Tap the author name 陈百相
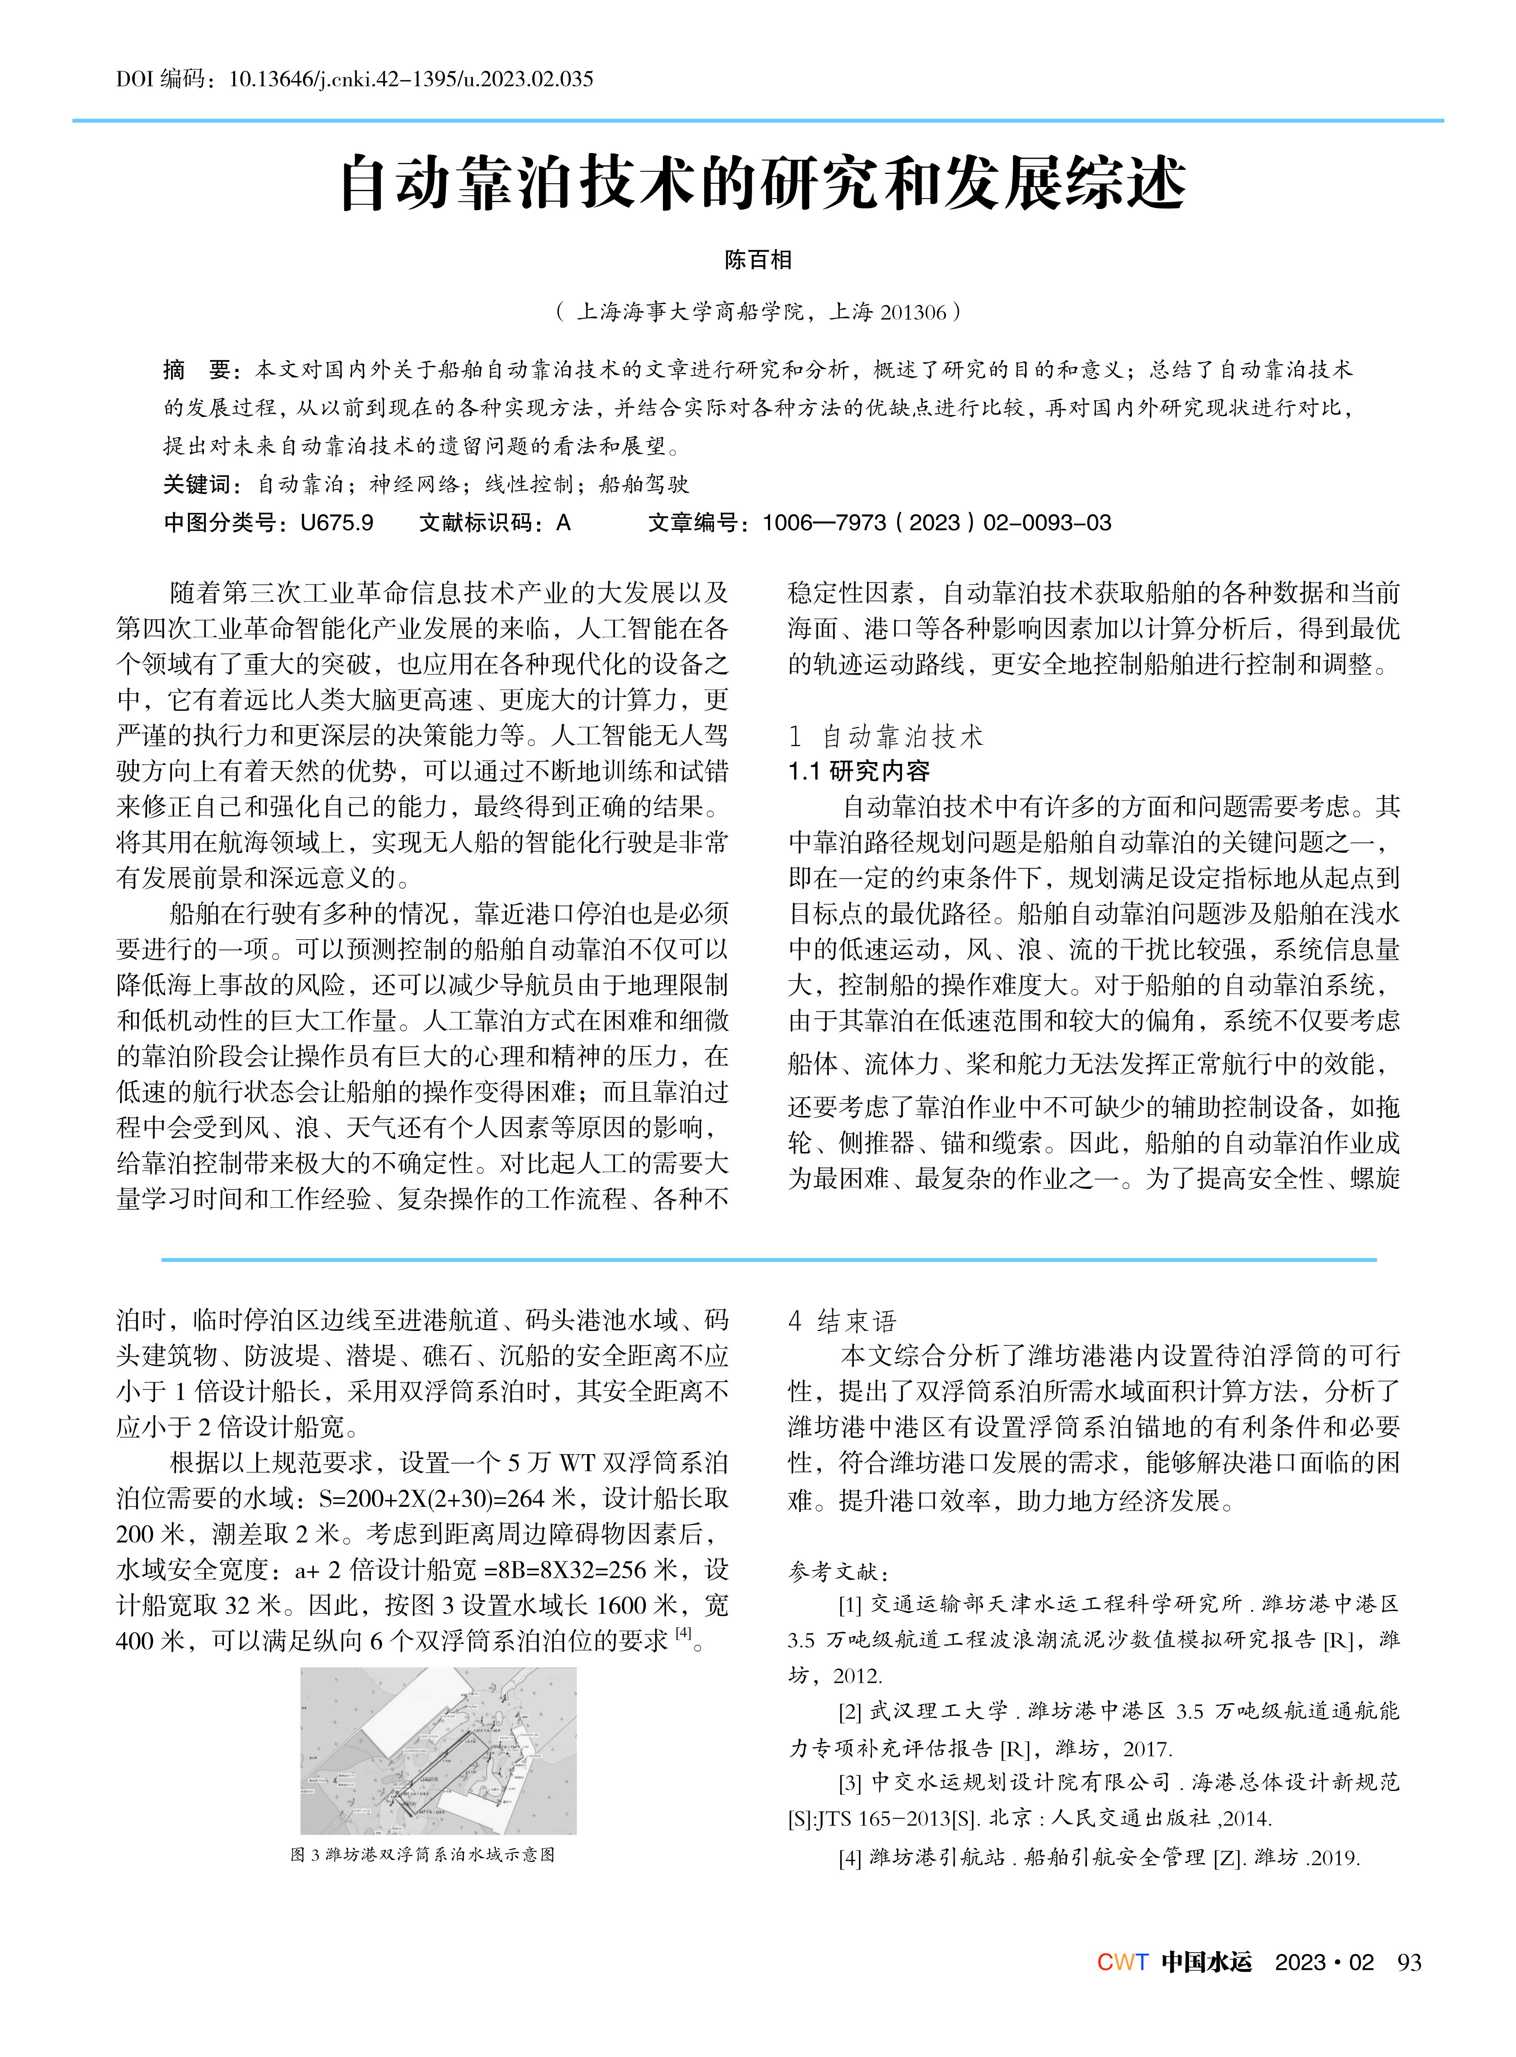point(758,261)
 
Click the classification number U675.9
point(337,523)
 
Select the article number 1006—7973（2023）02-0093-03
point(936,523)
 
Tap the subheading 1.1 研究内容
point(859,771)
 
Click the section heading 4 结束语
point(843,1321)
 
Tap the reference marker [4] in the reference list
point(850,1858)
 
